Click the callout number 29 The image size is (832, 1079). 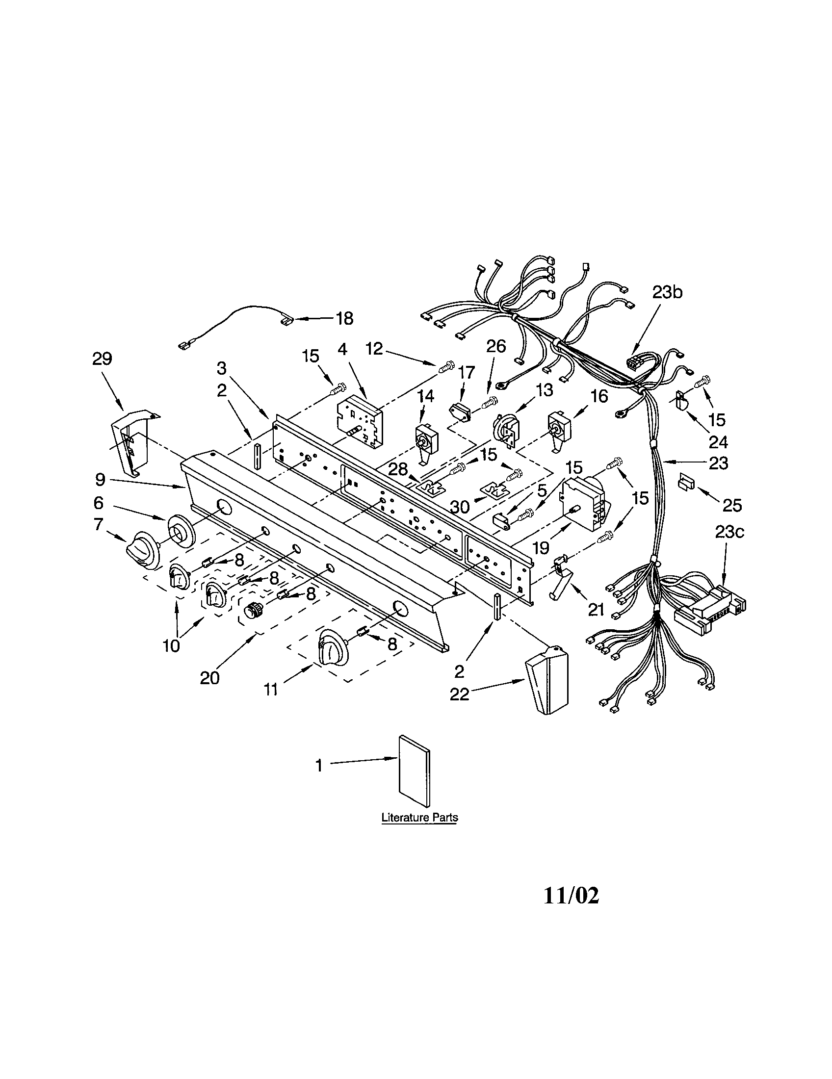102,359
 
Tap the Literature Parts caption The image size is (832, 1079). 419,818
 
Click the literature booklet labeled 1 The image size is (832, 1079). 414,778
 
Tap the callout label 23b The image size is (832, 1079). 667,292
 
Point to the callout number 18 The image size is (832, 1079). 345,319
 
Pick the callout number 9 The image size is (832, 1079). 101,479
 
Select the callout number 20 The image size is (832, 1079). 209,678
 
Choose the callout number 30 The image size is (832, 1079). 459,507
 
